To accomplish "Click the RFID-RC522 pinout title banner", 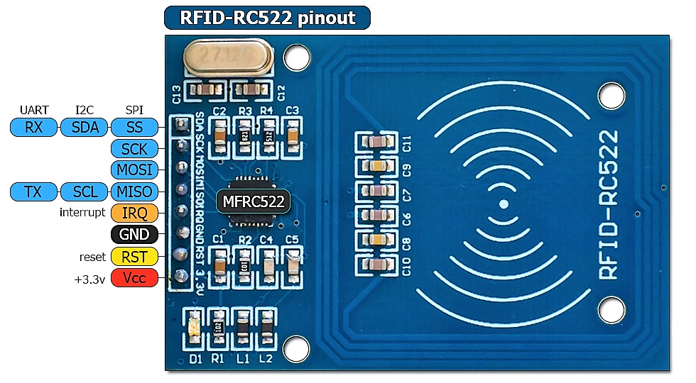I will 267,18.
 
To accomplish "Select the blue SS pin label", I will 134,128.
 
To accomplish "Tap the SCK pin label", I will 134,149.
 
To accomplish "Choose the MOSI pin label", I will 134,170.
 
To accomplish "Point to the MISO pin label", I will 134,191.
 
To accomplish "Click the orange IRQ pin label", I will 134,213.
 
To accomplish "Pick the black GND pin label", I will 134,235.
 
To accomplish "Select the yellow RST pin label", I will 134,256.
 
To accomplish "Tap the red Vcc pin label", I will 134,278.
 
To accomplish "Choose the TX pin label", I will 33,191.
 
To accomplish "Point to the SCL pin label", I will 85,191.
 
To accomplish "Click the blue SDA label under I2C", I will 85,128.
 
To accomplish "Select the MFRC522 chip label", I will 254,201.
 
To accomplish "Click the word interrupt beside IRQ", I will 82,213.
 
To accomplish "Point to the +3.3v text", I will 89,279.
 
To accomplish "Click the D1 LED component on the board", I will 194,327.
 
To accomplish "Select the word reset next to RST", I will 92,257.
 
